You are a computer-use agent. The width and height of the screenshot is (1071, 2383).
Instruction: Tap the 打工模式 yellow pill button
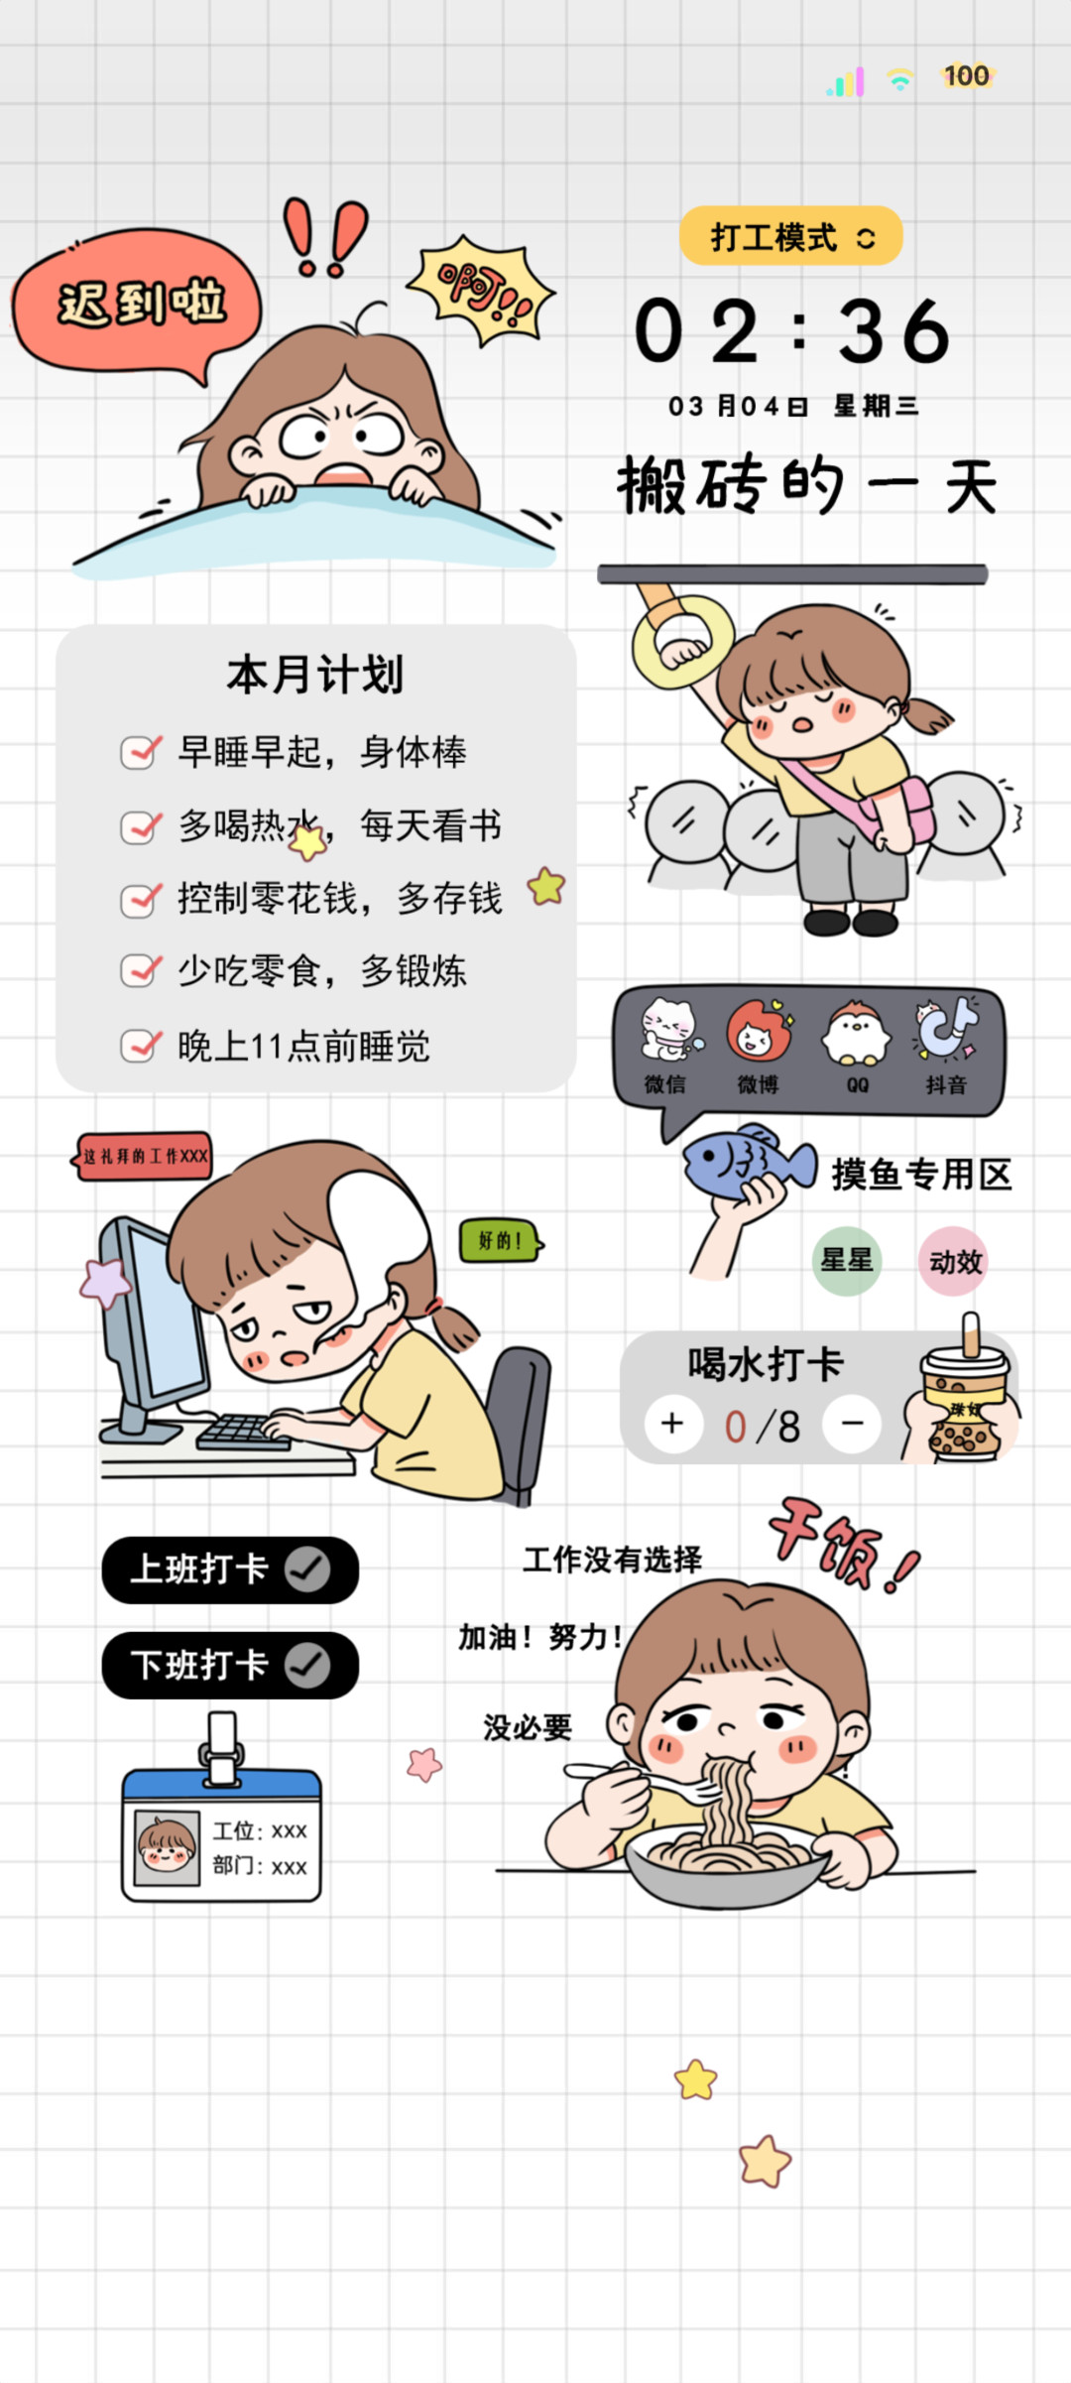tap(791, 236)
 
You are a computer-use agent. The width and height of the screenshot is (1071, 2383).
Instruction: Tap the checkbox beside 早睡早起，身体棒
tap(140, 752)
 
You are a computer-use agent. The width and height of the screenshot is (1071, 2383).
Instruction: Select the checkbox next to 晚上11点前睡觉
tap(140, 1045)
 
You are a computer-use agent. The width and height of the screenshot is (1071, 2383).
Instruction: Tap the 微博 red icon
tap(759, 1032)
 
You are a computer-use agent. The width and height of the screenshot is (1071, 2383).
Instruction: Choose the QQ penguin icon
tap(856, 1032)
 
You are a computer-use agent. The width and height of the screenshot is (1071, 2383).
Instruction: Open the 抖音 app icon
tap(946, 1030)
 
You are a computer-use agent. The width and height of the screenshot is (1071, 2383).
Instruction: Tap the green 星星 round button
tap(847, 1261)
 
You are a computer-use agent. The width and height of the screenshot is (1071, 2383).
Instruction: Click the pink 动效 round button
tap(954, 1261)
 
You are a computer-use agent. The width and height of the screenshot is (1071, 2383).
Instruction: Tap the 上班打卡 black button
tap(230, 1569)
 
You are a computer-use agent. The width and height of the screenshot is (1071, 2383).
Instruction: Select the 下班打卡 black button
tap(230, 1665)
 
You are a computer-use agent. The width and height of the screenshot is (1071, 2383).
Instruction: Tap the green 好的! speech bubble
tap(501, 1240)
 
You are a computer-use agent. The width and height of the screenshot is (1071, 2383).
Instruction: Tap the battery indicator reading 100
tap(967, 76)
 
